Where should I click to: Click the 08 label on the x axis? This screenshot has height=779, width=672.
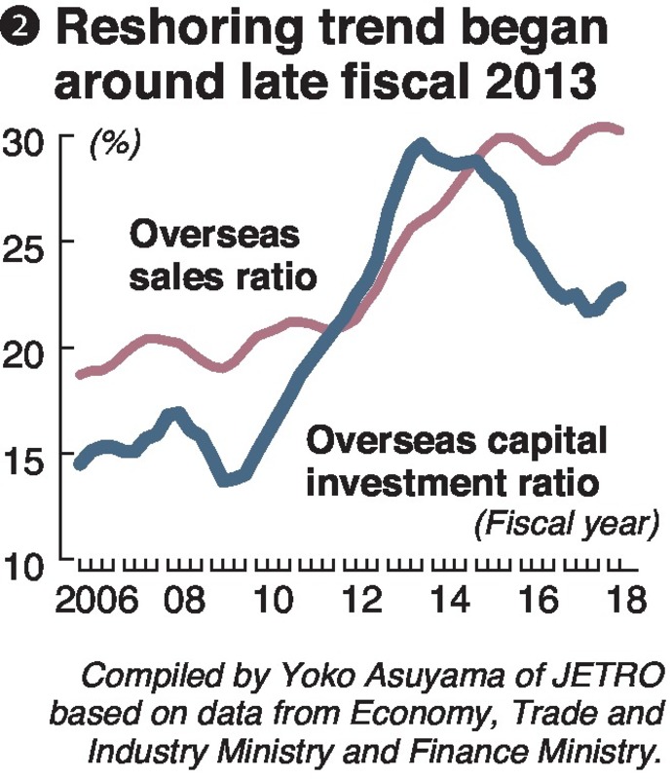(185, 597)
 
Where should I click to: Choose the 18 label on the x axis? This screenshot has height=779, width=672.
(617, 597)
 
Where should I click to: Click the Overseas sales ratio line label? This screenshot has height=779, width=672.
(223, 255)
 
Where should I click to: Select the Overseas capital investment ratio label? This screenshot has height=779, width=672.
(458, 461)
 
